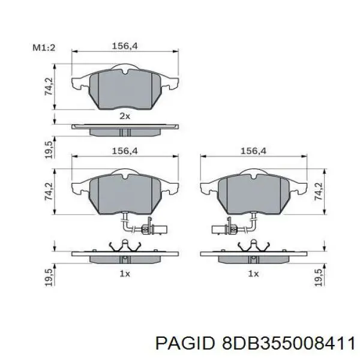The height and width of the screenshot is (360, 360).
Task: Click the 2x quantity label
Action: coord(124,116)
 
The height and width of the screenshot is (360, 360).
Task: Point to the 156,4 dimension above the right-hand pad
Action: coord(253,151)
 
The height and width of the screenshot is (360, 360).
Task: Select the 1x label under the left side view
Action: coord(124,274)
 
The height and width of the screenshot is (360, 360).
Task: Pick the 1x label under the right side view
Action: coord(253,274)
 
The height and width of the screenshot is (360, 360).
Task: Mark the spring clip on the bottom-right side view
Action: coord(253,247)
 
